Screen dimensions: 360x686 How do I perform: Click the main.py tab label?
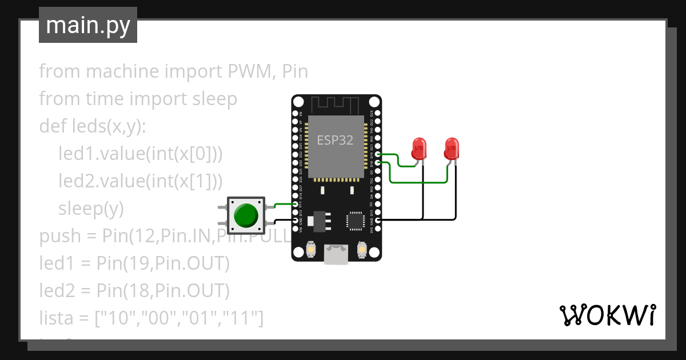(x=87, y=25)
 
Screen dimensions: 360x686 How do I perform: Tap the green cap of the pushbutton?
(x=246, y=215)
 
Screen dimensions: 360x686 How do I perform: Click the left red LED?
(x=419, y=149)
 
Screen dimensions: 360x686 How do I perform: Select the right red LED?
(x=452, y=149)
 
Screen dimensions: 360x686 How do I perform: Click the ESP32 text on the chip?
(x=335, y=140)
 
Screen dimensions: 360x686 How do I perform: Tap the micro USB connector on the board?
(x=336, y=254)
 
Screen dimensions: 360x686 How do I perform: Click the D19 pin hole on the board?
(x=378, y=154)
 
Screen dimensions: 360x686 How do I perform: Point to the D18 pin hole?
(x=378, y=163)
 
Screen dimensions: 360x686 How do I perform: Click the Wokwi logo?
(x=607, y=315)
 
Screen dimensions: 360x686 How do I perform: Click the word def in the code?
(x=51, y=126)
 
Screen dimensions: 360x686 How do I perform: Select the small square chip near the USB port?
(x=356, y=221)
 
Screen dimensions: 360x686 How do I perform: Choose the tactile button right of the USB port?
(x=361, y=249)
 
